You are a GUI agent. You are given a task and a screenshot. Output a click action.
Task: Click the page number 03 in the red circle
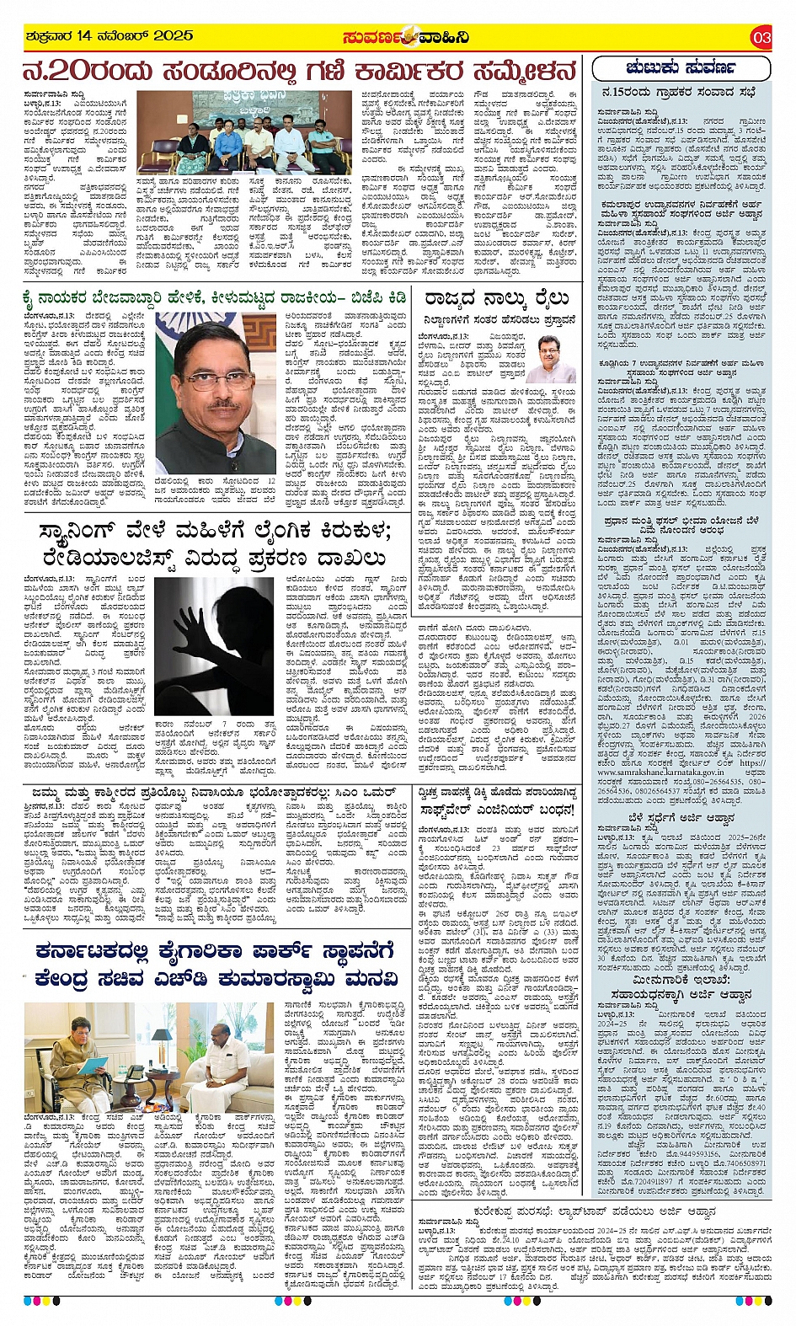761,37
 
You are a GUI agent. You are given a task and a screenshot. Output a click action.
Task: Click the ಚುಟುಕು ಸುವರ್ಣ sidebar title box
681,67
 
